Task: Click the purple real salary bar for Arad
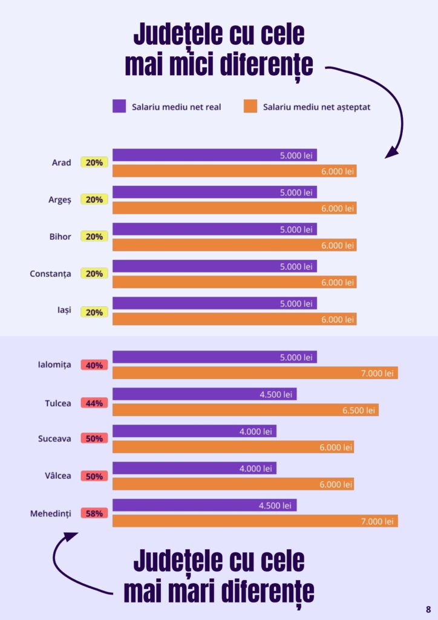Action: [x=214, y=155]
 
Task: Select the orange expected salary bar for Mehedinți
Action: [x=255, y=521]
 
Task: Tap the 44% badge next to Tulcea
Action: [x=94, y=403]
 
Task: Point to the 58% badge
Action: [x=94, y=513]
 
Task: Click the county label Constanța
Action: [x=51, y=274]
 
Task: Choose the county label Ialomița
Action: [x=54, y=364]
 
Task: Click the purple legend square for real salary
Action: [x=119, y=106]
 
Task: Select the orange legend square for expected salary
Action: [x=250, y=106]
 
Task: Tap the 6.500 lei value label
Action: [x=359, y=410]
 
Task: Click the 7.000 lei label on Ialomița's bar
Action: [x=377, y=373]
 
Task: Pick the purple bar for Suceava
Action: [x=194, y=431]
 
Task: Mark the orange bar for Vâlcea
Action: [x=233, y=484]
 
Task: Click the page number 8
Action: [x=428, y=609]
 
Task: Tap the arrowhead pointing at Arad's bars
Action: [x=391, y=152]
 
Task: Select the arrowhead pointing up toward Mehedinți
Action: [x=70, y=536]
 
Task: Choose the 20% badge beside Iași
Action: [x=94, y=312]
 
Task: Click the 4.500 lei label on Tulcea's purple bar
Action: [x=276, y=394]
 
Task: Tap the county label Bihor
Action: [x=60, y=237]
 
